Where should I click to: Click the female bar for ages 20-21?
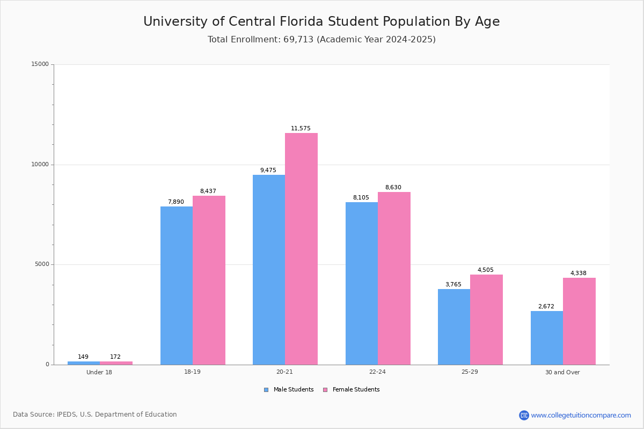click(x=301, y=249)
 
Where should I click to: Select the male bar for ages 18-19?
click(x=177, y=285)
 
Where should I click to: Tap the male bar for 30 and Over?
click(x=547, y=338)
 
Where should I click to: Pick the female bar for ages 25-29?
click(x=486, y=320)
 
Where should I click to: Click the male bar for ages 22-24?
click(x=362, y=283)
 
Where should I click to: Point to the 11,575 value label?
click(x=301, y=129)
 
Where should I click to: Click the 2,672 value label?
click(x=546, y=307)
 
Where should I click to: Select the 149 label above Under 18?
click(x=83, y=357)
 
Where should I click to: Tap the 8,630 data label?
click(x=393, y=188)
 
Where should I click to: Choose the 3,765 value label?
click(x=453, y=285)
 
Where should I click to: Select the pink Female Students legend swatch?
click(x=325, y=390)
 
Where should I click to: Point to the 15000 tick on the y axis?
click(x=40, y=64)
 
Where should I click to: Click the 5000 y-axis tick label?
click(x=41, y=264)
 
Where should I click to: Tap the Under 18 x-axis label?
click(x=99, y=372)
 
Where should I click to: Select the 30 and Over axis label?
click(x=562, y=372)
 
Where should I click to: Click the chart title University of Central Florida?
click(x=321, y=21)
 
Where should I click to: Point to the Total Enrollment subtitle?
click(x=321, y=40)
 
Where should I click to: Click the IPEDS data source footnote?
click(x=95, y=415)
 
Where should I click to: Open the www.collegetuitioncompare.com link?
click(x=581, y=415)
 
